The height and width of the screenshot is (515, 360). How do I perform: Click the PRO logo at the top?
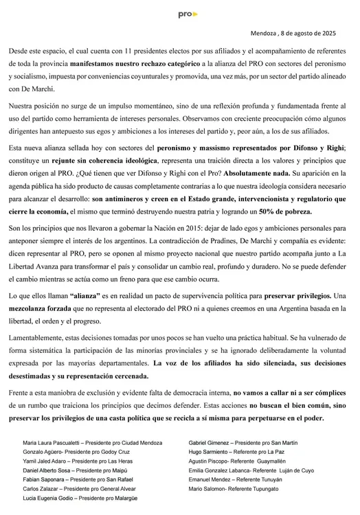[x=187, y=13]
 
